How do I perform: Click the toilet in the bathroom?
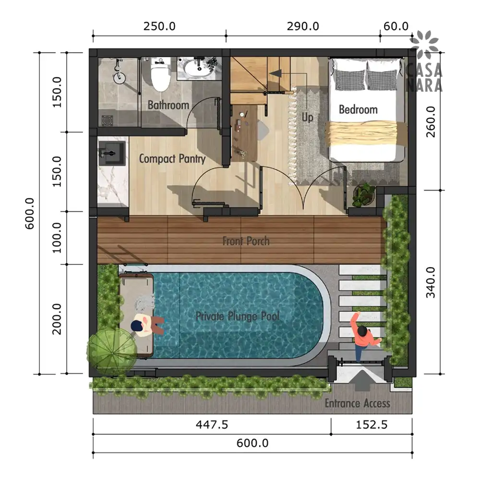click(161, 74)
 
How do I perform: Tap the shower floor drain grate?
click(108, 120)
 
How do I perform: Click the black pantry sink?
click(112, 153)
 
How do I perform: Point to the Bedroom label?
click(358, 109)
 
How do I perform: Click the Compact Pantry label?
click(172, 159)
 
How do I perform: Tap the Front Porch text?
click(246, 241)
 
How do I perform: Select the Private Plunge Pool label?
click(238, 316)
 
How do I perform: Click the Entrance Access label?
click(357, 404)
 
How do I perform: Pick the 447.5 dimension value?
click(212, 425)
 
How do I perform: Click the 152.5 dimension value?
click(372, 425)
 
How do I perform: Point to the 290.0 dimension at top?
click(303, 26)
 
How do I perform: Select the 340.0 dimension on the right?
click(431, 282)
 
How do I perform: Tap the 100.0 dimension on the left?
click(57, 238)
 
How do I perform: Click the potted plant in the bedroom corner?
click(364, 195)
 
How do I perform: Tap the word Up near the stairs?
click(307, 117)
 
